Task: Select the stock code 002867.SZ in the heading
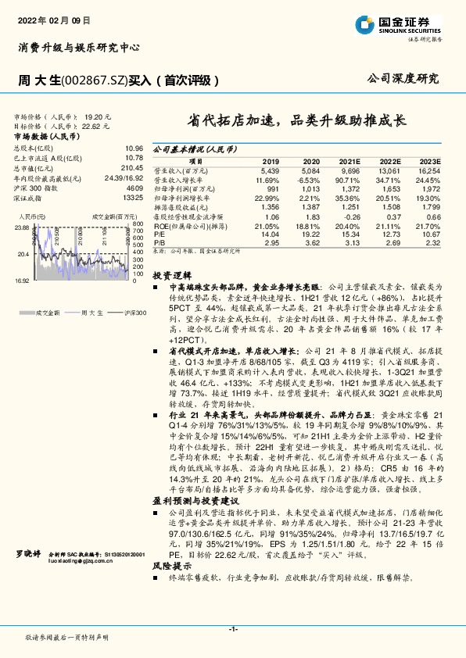[x=81, y=80]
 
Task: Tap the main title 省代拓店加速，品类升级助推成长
[x=296, y=121]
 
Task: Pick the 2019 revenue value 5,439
[x=267, y=170]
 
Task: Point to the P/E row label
[x=159, y=233]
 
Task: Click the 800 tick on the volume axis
[x=137, y=224]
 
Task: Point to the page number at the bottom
[x=233, y=628]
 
